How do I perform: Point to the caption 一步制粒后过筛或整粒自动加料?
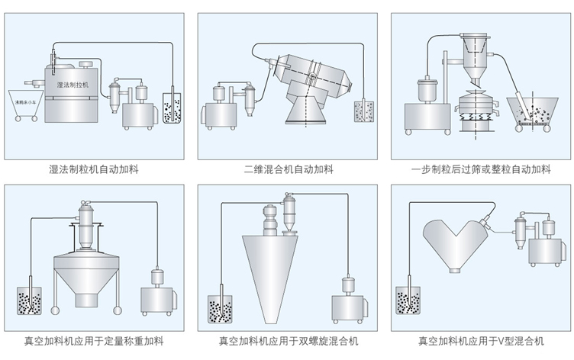coord(481,169)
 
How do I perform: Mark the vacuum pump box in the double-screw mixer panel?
coord(347,307)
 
